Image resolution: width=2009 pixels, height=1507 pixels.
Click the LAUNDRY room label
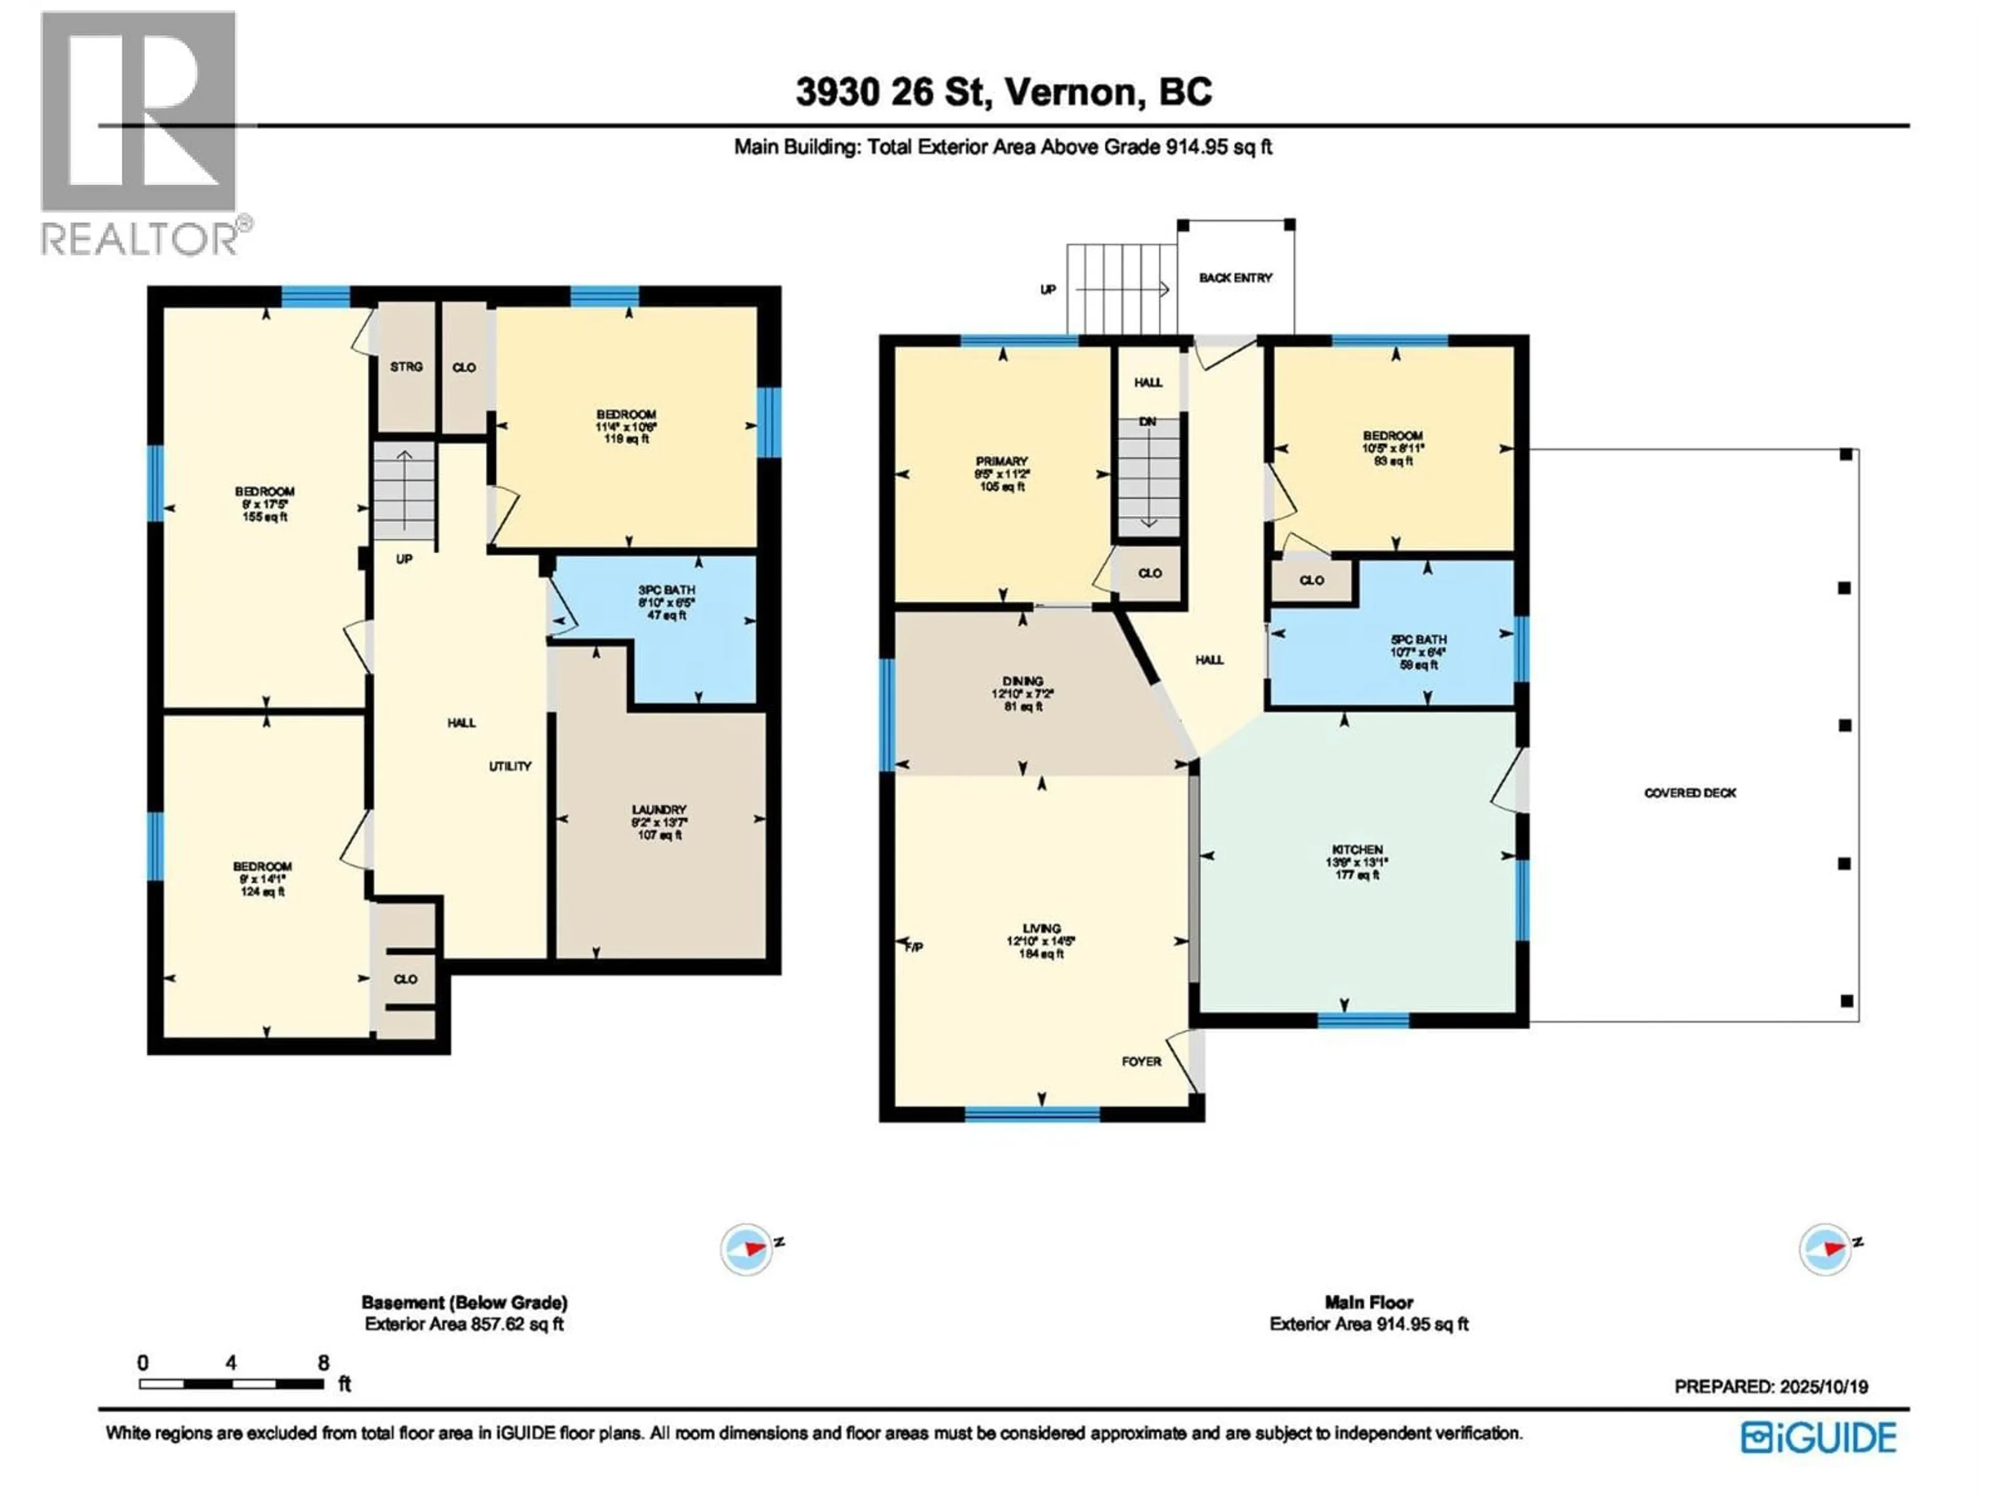[x=659, y=809]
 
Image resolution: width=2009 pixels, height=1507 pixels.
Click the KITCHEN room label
[x=1357, y=849]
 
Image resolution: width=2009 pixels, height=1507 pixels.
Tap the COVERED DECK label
[x=1689, y=793]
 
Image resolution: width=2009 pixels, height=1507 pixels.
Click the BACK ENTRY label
[x=1235, y=278]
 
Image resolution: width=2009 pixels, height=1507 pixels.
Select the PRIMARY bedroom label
[x=1002, y=462]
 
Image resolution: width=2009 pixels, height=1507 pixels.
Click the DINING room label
[x=1023, y=680]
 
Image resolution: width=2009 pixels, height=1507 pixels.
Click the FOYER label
[x=1141, y=1061]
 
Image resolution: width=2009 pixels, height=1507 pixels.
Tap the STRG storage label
[x=406, y=367]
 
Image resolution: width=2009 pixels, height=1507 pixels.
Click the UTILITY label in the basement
[x=510, y=766]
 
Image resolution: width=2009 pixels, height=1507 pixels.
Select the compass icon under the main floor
[x=1825, y=1250]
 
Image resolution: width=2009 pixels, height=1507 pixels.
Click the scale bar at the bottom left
[x=232, y=1385]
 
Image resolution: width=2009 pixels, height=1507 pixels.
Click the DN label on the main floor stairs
[x=1148, y=422]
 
